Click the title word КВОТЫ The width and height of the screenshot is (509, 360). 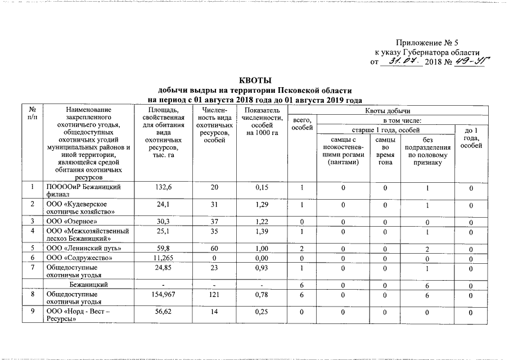(x=255, y=80)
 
